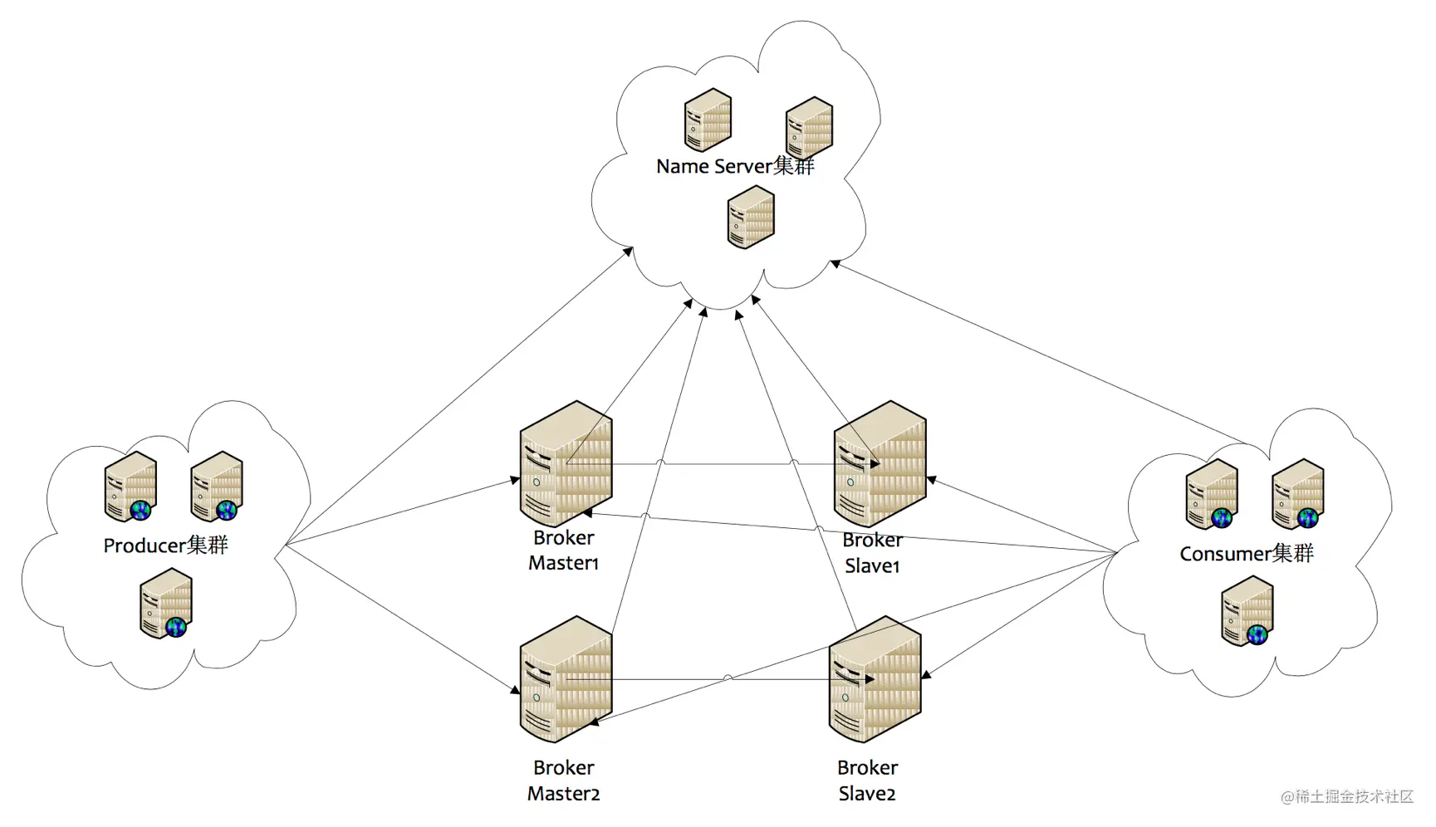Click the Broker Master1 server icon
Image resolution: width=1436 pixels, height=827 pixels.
point(566,463)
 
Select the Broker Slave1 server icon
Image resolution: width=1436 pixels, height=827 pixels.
point(880,463)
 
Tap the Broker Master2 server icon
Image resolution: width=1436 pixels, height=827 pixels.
point(566,679)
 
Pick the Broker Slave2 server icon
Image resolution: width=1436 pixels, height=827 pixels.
point(875,679)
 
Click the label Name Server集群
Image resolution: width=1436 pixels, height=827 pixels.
point(735,166)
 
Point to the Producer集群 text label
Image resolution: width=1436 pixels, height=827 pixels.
point(165,545)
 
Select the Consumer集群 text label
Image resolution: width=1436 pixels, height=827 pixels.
point(1247,553)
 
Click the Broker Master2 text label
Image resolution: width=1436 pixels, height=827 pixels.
point(563,781)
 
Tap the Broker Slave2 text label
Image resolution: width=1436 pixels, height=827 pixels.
point(867,781)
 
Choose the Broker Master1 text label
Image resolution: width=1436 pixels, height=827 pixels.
point(563,550)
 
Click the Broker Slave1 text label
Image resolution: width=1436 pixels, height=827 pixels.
point(872,552)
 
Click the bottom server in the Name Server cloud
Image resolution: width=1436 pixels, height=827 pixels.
point(751,217)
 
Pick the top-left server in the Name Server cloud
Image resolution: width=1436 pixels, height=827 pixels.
point(708,120)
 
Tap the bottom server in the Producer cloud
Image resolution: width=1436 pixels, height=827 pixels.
point(166,603)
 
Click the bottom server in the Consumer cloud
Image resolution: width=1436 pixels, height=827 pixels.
point(1247,611)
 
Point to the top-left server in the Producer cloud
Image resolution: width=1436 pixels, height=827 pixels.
point(131,487)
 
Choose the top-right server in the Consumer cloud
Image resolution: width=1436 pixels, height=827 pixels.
point(1298,494)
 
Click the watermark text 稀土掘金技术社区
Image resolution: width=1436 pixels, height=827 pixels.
point(1354,797)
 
